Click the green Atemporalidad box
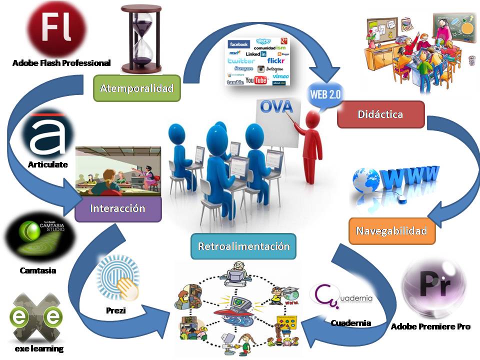(x=136, y=88)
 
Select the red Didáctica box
(x=380, y=114)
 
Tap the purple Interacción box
(x=118, y=208)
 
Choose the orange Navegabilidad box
(x=391, y=231)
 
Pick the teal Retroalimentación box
(x=243, y=246)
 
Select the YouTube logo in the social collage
(x=255, y=80)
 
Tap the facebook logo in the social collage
(x=239, y=44)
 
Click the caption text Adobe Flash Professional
(x=61, y=63)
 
